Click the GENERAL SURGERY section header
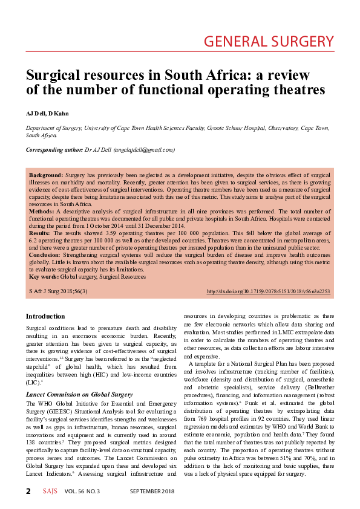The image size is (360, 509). click(x=269, y=42)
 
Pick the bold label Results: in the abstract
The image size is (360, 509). click(x=39, y=232)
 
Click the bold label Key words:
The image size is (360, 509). click(x=44, y=276)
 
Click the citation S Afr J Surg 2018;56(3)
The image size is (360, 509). click(x=58, y=291)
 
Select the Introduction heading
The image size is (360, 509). click(x=45, y=316)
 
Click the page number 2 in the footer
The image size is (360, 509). click(x=28, y=491)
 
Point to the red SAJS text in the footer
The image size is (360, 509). click(x=50, y=491)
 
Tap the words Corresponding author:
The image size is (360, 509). click(x=53, y=149)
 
